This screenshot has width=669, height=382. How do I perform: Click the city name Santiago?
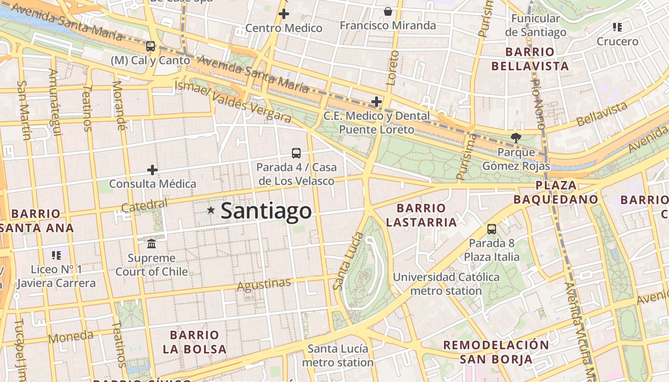(266, 211)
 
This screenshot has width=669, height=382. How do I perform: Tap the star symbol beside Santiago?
(211, 210)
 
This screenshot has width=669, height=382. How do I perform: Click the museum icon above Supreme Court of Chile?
(152, 244)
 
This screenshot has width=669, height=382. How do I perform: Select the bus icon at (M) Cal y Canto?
(151, 46)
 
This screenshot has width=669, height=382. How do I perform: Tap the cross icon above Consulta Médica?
(152, 170)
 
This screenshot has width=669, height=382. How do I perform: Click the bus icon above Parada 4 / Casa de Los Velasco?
(296, 153)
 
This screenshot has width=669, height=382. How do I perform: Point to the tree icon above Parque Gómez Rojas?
(516, 138)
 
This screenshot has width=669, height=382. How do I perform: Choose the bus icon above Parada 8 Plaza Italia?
(492, 229)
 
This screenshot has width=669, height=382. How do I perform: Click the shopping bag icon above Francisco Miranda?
(388, 11)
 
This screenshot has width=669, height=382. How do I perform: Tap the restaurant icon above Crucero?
(617, 27)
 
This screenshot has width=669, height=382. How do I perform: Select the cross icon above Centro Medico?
(284, 14)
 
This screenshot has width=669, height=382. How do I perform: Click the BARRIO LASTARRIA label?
(421, 215)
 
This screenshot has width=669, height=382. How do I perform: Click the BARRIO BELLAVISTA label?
(530, 59)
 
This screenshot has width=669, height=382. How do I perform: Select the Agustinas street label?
(264, 285)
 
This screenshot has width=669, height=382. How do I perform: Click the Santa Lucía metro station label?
(337, 355)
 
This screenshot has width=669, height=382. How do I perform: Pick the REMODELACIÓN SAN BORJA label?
(496, 352)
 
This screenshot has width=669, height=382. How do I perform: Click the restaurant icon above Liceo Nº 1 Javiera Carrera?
(56, 255)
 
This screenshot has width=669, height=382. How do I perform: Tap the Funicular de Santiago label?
(535, 25)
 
